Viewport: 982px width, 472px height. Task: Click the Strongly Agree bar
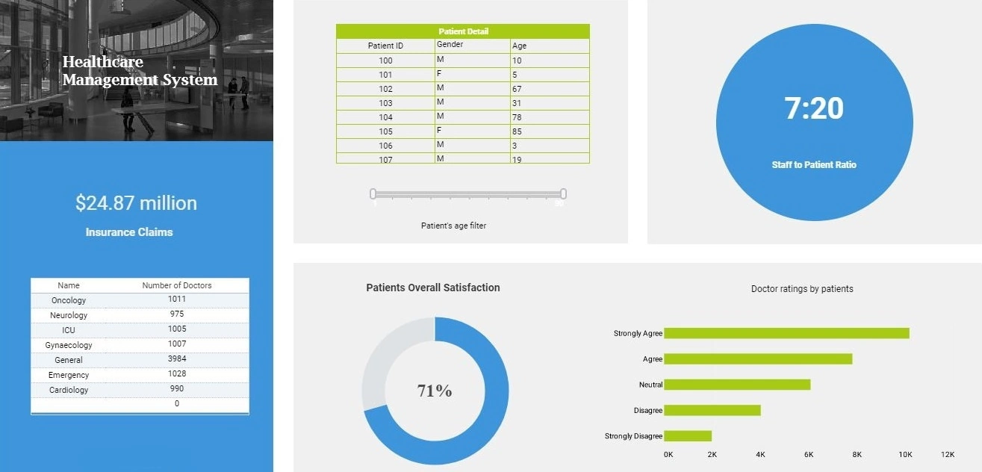pyautogui.click(x=786, y=333)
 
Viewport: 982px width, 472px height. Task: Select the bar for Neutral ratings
pyautogui.click(x=737, y=385)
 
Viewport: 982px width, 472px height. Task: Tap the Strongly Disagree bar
pyautogui.click(x=688, y=435)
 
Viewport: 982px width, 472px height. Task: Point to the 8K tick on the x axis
pyautogui.click(x=857, y=454)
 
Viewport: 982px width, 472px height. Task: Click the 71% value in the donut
pyautogui.click(x=435, y=391)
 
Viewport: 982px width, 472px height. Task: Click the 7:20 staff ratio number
pyautogui.click(x=814, y=109)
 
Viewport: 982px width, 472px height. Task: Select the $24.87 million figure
pyautogui.click(x=136, y=203)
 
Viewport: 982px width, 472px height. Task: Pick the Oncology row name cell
pyautogui.click(x=69, y=300)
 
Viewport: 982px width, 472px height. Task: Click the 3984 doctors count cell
pyautogui.click(x=177, y=359)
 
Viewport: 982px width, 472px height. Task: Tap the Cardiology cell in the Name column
pyautogui.click(x=69, y=390)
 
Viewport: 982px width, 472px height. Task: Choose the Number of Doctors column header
pyautogui.click(x=177, y=285)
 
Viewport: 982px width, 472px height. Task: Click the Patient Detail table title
pyautogui.click(x=463, y=31)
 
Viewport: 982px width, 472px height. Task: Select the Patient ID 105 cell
pyautogui.click(x=385, y=131)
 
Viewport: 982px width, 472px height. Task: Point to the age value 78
pyautogui.click(x=517, y=117)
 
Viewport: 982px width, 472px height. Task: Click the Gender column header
pyautogui.click(x=450, y=45)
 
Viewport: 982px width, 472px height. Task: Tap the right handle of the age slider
pyautogui.click(x=563, y=194)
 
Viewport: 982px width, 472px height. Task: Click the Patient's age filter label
pyautogui.click(x=453, y=226)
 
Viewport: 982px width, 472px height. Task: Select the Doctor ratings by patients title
pyautogui.click(x=802, y=288)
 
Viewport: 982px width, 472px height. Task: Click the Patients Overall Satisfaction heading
pyautogui.click(x=433, y=288)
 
